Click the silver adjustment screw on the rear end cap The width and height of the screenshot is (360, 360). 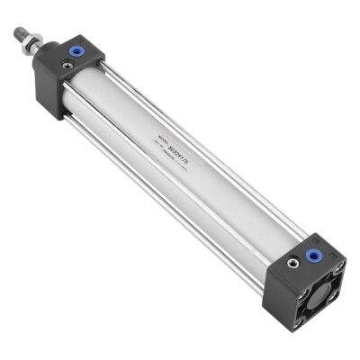(294, 264)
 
